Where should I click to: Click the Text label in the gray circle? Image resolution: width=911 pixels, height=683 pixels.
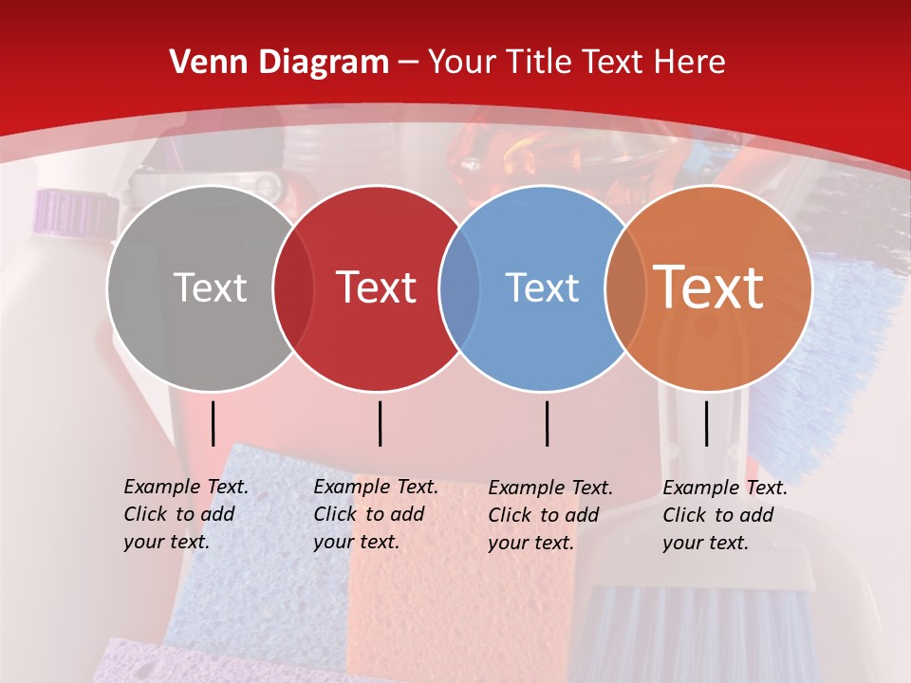pos(210,287)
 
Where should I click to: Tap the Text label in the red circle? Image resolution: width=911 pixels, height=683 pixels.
pos(377,287)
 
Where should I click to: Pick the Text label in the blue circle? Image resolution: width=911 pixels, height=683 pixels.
pos(543,287)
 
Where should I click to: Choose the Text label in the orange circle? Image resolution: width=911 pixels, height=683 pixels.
pos(709,287)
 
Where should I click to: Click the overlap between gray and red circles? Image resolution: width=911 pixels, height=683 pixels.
pos(293,288)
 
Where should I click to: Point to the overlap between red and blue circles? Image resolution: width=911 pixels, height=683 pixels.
pos(459,288)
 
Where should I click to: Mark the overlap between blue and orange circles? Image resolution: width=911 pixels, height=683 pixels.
pos(625,288)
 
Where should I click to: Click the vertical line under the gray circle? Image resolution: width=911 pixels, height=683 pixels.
pos(214,423)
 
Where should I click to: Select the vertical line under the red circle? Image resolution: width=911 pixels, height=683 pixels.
pos(380,423)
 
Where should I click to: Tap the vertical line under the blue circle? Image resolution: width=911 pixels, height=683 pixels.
pos(548,423)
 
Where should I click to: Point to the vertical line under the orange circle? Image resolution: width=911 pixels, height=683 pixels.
pos(707,423)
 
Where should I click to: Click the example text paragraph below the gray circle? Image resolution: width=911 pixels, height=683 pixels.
pos(185,514)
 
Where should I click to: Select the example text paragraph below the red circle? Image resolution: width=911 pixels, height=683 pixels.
pos(375,514)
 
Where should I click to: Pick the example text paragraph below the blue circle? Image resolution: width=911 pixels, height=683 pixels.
pos(549,515)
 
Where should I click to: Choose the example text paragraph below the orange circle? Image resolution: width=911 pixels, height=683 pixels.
pos(724,515)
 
